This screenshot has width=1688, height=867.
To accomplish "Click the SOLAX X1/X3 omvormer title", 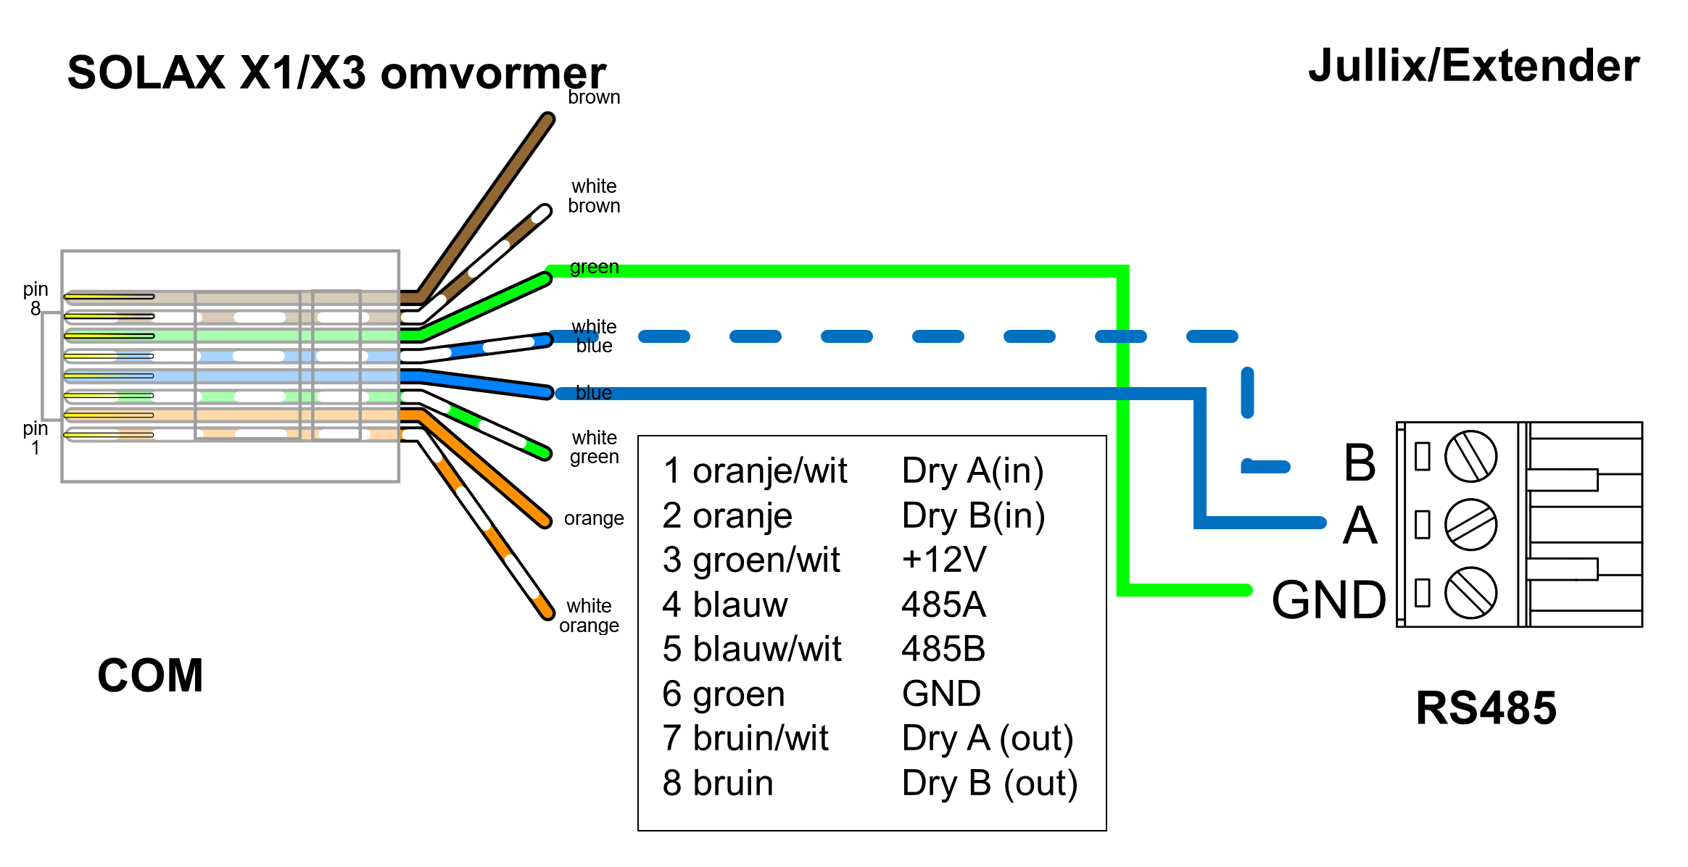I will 336,73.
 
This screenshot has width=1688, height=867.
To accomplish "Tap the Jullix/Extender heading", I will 1473,66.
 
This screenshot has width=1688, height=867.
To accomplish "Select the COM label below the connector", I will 150,676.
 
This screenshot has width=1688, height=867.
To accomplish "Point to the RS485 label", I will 1486,708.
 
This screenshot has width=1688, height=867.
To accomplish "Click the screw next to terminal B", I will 1470,457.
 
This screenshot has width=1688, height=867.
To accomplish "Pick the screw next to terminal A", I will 1470,524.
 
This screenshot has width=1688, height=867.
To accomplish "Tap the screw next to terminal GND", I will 1470,592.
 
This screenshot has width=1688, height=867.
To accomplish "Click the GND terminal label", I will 1328,600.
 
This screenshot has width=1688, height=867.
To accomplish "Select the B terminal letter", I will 1360,462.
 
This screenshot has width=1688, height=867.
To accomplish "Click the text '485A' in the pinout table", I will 943,605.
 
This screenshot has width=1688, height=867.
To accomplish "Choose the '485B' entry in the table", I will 943,649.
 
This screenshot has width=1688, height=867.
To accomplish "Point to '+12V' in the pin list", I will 943,560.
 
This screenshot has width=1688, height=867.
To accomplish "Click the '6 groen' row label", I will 723,694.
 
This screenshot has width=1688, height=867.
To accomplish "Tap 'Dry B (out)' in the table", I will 989,784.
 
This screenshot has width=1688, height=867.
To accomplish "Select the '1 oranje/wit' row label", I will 754,471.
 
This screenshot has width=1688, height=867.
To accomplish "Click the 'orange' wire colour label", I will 594,518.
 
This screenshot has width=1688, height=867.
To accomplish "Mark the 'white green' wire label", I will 594,447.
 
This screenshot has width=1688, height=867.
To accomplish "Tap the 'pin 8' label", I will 35,299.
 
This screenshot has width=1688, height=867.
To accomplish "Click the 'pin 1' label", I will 35,438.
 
